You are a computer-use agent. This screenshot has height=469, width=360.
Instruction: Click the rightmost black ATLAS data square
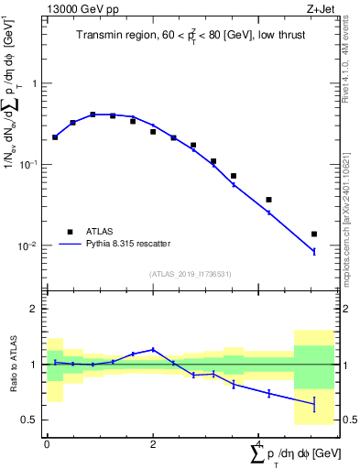pos(314,234)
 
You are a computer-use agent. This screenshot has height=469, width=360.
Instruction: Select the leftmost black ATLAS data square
pos(55,137)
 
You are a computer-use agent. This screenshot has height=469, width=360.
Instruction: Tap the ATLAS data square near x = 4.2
pos(268,200)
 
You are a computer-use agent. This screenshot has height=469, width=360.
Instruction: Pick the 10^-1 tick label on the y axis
pos(31,165)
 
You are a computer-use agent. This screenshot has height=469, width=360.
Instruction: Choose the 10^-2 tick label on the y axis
pos(31,246)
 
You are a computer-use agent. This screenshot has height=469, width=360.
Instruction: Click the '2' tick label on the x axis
pos(153,444)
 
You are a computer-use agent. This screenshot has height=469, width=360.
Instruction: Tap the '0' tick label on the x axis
pos(47,444)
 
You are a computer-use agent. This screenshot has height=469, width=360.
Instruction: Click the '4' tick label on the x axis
pos(259,444)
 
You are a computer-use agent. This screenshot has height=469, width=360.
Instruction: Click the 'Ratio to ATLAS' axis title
pos(12,364)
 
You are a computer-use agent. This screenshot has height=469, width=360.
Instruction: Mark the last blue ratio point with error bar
pos(314,403)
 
